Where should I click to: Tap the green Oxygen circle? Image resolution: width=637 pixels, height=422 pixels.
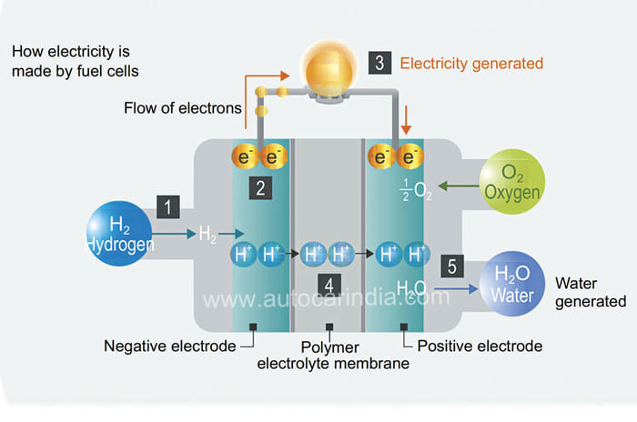click(x=511, y=182)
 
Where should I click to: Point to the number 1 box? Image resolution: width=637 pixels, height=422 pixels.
click(x=168, y=206)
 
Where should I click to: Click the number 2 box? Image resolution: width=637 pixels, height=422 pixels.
click(x=261, y=189)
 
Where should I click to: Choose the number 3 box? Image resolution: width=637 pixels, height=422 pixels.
click(x=379, y=63)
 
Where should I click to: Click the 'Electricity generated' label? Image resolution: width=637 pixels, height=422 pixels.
click(x=471, y=64)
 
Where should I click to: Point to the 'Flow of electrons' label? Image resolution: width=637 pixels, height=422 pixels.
click(x=183, y=109)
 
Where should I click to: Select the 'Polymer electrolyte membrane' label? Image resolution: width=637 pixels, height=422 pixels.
click(x=332, y=356)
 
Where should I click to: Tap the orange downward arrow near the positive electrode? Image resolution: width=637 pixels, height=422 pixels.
click(x=406, y=116)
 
